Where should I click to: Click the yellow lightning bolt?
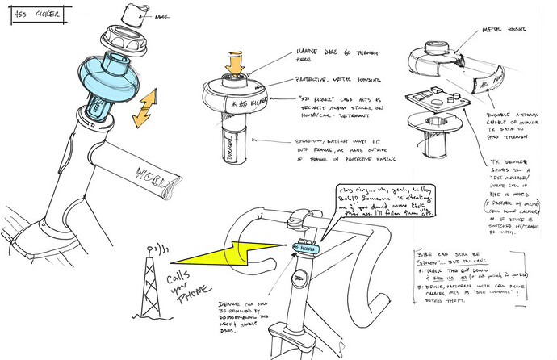tap(229, 257)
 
